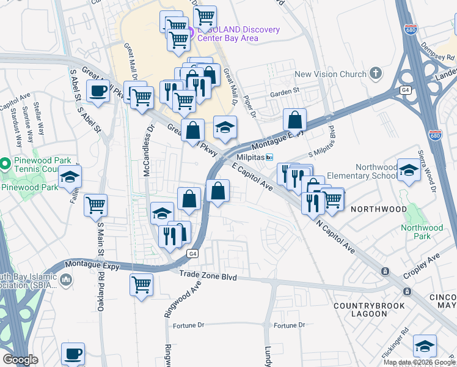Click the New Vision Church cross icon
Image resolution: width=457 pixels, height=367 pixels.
(x=376, y=74)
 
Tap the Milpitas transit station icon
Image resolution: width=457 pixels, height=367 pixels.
(x=277, y=157)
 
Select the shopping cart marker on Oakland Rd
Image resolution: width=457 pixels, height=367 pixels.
(x=95, y=206)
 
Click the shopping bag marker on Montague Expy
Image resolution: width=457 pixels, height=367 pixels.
(x=294, y=120)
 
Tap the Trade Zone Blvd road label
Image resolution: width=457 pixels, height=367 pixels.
(x=208, y=276)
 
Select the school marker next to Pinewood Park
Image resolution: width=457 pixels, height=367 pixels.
(x=70, y=177)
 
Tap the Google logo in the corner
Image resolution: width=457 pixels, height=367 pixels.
(x=20, y=360)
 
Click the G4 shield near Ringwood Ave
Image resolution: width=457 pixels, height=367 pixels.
(x=193, y=253)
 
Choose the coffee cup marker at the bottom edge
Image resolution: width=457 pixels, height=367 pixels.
(x=73, y=354)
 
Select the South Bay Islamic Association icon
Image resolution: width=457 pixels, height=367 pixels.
(x=66, y=280)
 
